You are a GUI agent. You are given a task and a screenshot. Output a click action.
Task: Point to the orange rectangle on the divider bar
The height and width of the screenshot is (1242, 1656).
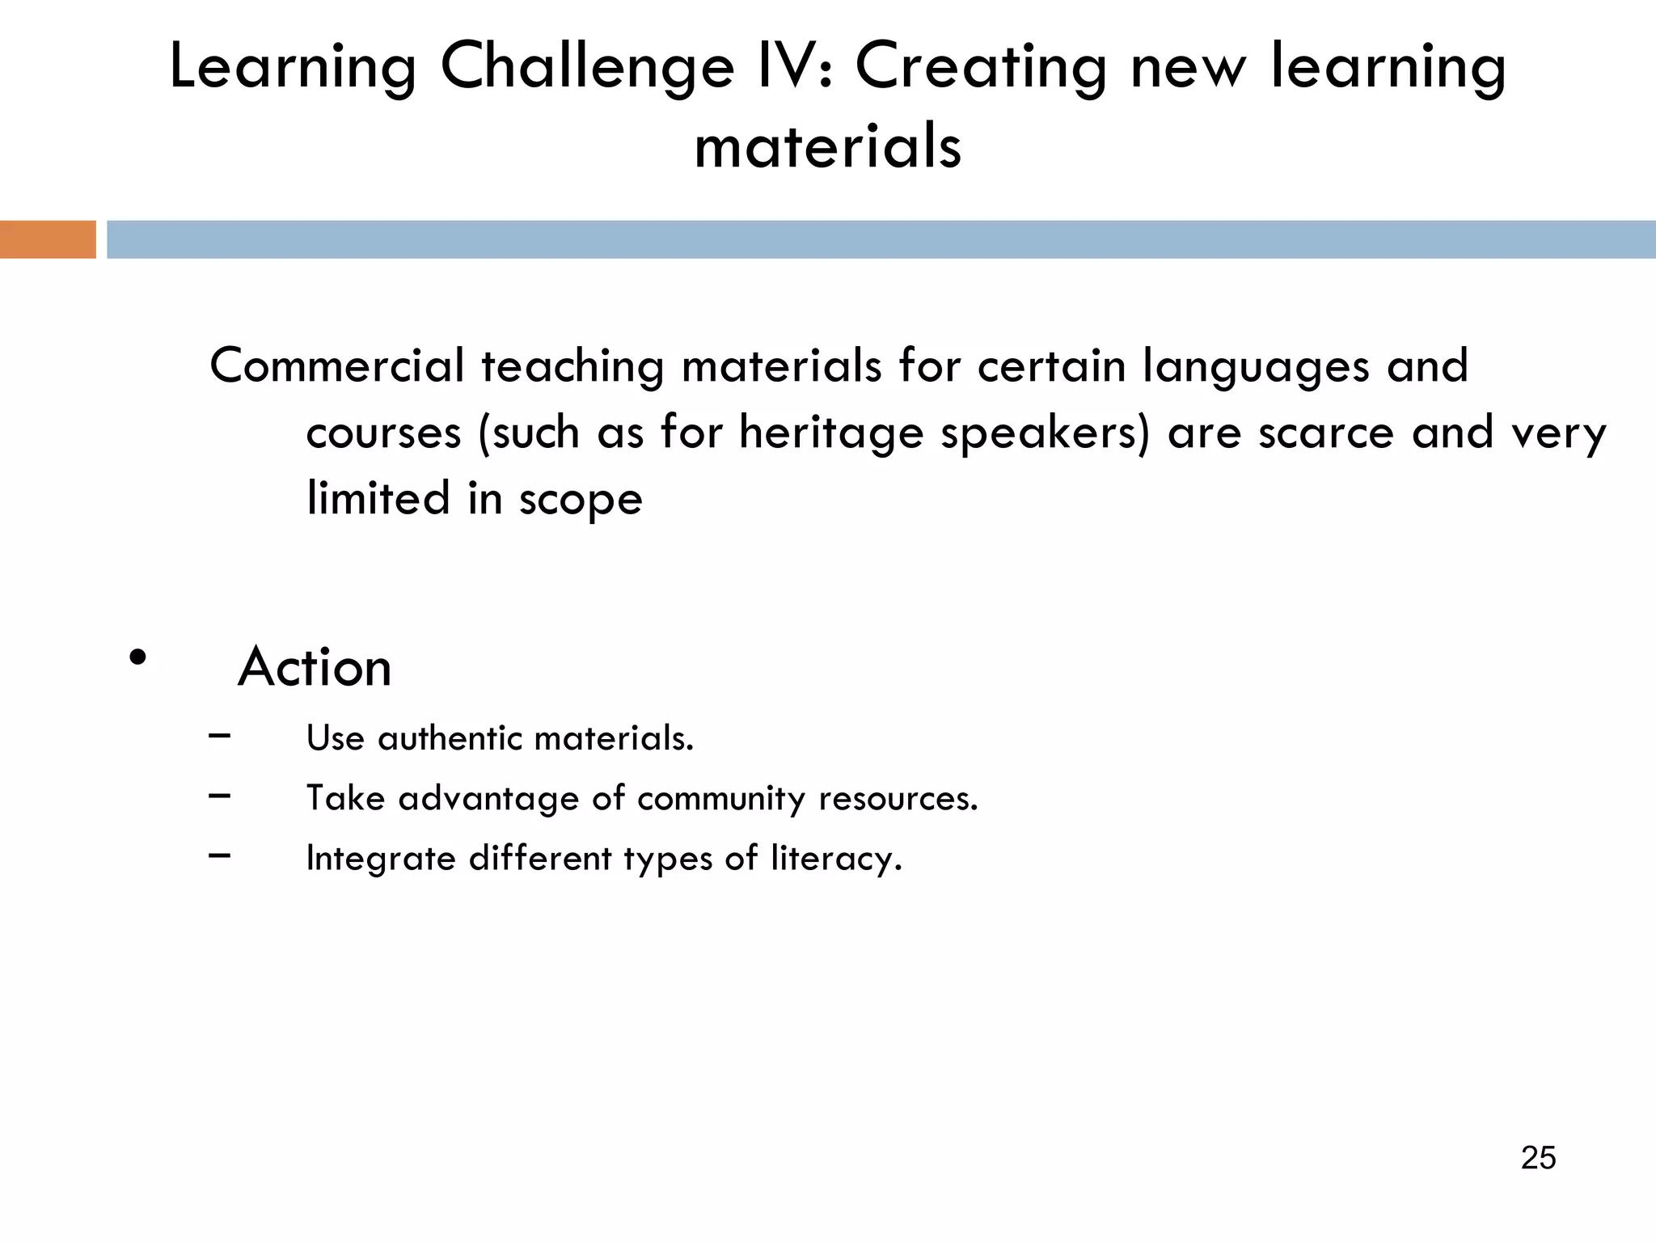pos(48,239)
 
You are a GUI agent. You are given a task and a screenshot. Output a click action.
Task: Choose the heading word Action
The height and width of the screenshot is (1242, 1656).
pos(315,667)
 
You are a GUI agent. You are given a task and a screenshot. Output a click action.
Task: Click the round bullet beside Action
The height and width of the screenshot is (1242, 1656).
pos(138,657)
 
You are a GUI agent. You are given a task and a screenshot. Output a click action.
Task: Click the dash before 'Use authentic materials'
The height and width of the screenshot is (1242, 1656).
pos(219,735)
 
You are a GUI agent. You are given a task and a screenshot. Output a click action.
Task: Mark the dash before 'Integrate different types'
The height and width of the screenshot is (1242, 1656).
pos(219,855)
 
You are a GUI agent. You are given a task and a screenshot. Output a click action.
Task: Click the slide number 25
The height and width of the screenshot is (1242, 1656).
pos(1538,1158)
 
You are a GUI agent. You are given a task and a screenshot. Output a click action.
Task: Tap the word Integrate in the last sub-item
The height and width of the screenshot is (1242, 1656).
pos(381,859)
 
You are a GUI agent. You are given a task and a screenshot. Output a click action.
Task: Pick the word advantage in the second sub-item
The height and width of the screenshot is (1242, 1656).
pos(488,799)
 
